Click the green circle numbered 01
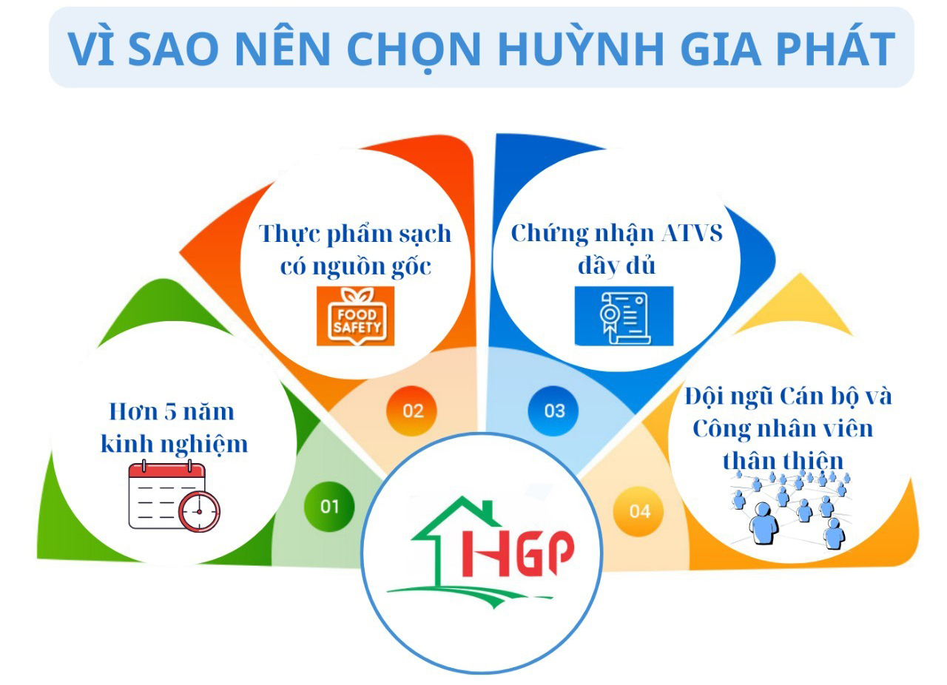[x=329, y=506]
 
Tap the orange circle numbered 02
[x=412, y=411]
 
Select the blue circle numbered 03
[x=553, y=411]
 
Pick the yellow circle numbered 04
[x=638, y=511]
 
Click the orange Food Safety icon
[x=356, y=316]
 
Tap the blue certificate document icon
[x=624, y=316]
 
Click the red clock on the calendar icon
[x=199, y=511]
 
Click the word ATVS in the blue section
[x=692, y=233]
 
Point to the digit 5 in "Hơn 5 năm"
[x=170, y=411]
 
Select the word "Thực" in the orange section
[x=291, y=234]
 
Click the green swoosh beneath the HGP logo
[x=469, y=595]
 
